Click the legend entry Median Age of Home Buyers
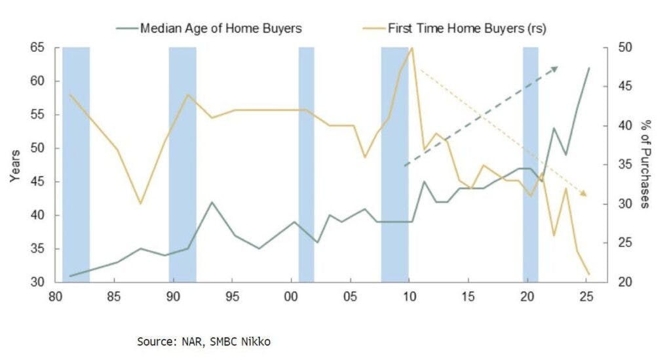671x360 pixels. click(x=219, y=28)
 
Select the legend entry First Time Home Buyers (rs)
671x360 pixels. click(x=467, y=28)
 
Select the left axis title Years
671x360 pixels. click(x=15, y=165)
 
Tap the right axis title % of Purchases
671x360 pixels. click(x=645, y=165)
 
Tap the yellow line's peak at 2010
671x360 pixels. click(x=412, y=48)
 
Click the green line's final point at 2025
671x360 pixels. click(x=589, y=68)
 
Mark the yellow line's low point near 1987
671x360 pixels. click(x=140, y=203)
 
